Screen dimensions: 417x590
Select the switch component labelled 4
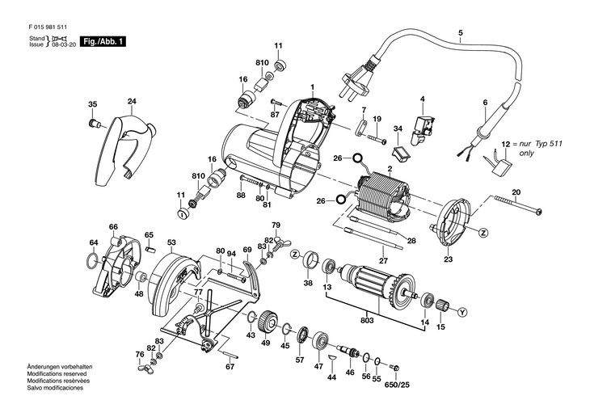[424, 125]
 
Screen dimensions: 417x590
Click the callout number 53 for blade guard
[171, 242]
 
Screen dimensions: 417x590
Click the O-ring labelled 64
[93, 262]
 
